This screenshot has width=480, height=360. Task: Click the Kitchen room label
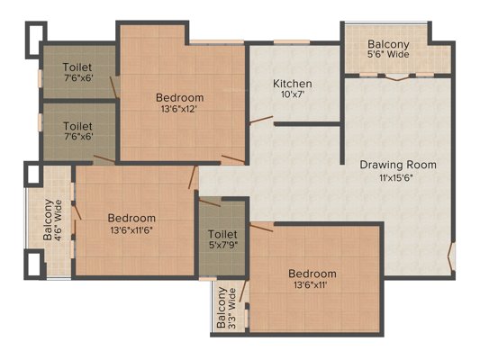(293, 84)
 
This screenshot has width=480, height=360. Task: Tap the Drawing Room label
(398, 165)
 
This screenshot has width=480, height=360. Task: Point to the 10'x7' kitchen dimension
(293, 94)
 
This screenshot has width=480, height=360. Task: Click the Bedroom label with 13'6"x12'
(180, 98)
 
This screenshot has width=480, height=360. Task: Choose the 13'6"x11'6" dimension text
(131, 230)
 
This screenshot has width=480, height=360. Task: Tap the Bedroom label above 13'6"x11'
(312, 274)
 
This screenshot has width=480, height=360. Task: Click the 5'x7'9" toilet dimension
(222, 245)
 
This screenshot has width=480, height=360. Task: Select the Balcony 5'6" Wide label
(388, 49)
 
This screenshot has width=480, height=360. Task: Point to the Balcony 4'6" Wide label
(52, 220)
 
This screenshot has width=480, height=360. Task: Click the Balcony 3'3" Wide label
(227, 308)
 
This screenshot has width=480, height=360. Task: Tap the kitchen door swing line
(261, 120)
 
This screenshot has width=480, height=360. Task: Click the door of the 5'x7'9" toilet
(210, 202)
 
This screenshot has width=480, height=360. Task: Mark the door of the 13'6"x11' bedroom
(261, 228)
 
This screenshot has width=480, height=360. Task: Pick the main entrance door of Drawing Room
(450, 256)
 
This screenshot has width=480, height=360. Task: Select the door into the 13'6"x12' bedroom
(233, 158)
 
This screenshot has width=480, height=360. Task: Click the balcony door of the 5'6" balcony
(397, 77)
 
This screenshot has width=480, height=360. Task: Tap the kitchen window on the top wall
(292, 42)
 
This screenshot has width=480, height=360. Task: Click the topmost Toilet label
(77, 67)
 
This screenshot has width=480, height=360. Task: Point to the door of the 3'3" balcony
(242, 291)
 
